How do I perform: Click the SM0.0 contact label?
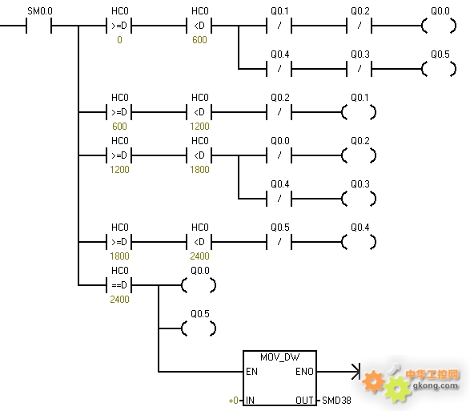point(40,11)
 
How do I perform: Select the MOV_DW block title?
point(279,357)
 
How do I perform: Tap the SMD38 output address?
point(336,401)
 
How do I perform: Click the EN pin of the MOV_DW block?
point(251,372)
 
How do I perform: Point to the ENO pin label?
point(304,372)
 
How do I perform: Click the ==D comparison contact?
point(119,284)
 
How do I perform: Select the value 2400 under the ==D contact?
point(119,299)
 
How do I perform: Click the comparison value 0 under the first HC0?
point(119,40)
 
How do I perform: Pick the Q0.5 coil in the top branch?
point(439,69)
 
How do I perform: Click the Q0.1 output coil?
point(359,112)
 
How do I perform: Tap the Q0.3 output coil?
point(359,199)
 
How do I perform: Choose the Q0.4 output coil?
point(359,242)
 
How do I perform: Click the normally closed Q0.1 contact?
point(279,26)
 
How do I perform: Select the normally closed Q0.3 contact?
point(359,69)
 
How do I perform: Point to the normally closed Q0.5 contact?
point(279,242)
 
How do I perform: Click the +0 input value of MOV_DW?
point(234,401)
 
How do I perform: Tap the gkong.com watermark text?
point(436,385)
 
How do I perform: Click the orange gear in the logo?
point(373,381)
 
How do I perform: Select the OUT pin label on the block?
point(304,401)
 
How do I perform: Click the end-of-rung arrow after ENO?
point(356,372)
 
